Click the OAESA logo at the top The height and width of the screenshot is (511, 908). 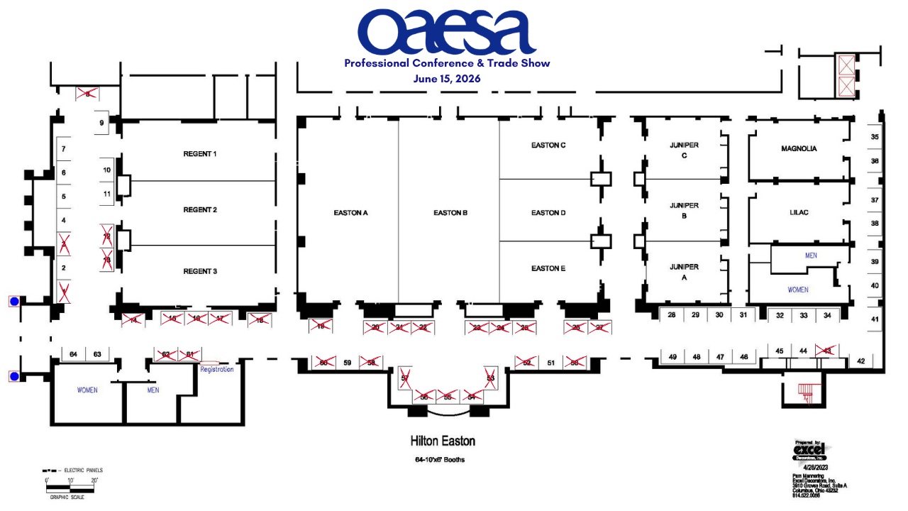coord(446,33)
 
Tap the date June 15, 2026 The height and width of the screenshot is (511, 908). coord(447,79)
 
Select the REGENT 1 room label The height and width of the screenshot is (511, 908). coord(200,154)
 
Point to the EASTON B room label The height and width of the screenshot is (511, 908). coord(450,213)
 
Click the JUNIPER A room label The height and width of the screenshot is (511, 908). coord(684,273)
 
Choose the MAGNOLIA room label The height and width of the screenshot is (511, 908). coord(799,149)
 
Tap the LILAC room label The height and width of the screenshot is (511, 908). coord(799,213)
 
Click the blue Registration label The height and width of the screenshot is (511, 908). coord(216,369)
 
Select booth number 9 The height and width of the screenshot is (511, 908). coord(101,123)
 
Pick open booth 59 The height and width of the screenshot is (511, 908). coord(348,363)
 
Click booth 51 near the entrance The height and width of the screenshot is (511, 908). coord(550,363)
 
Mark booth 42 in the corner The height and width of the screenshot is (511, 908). coord(860,361)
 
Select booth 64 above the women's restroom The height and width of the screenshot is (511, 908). coord(74,354)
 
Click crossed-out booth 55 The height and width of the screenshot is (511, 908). coord(447,396)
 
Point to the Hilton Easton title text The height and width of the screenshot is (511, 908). coord(443,441)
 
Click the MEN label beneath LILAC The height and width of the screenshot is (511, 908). coord(812,255)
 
